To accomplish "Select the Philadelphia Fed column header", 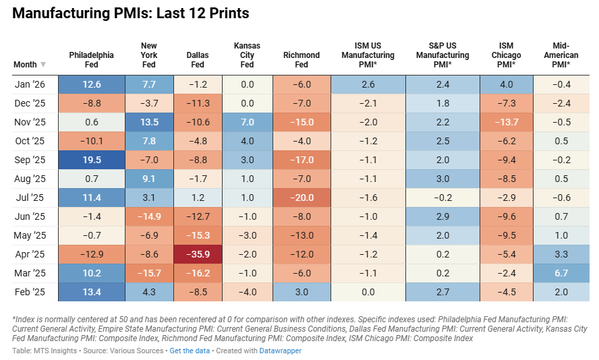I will (x=91, y=60).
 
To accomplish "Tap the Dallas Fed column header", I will (x=197, y=60).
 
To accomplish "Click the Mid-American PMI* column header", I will (x=559, y=55).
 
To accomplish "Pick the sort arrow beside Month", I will (x=43, y=65).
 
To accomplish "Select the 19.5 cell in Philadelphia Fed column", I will (x=91, y=160).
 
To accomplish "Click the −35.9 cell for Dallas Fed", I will (x=197, y=254).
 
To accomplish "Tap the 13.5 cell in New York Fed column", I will (x=149, y=122).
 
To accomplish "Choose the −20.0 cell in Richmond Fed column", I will (x=301, y=198).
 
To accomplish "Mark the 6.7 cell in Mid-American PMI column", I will (x=559, y=273).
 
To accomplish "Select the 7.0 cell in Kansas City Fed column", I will (x=247, y=122).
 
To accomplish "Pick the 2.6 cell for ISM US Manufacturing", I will (x=368, y=84).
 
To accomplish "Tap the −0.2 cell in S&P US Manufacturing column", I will (x=443, y=198).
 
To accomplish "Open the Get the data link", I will (x=188, y=351).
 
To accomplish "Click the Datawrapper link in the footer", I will (x=281, y=351).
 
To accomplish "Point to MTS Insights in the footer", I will (x=52, y=351).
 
